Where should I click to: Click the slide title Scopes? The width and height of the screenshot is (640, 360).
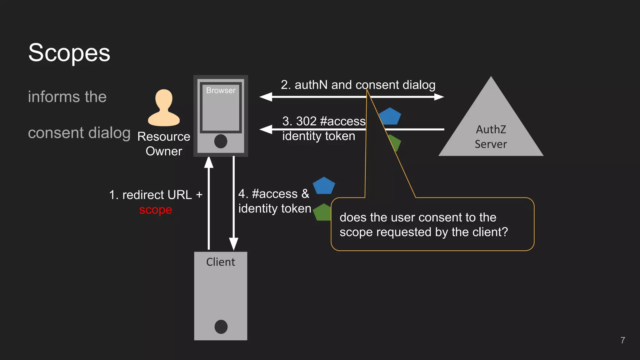[x=69, y=52]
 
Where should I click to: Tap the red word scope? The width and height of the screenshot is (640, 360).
[x=156, y=210]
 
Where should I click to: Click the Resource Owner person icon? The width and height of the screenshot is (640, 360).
[x=164, y=108]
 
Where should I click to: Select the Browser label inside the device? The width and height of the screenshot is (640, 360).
[x=221, y=90]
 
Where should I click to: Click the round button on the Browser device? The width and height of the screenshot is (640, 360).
[x=221, y=141]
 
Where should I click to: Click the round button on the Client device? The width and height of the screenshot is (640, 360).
[x=221, y=327]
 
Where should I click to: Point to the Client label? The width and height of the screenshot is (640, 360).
[x=220, y=262]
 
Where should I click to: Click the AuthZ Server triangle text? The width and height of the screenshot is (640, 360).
[x=491, y=137]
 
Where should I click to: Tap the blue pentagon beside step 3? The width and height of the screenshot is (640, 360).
[x=390, y=116]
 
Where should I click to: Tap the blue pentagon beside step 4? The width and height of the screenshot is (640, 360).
[x=324, y=186]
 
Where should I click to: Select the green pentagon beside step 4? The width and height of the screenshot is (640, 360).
[x=322, y=212]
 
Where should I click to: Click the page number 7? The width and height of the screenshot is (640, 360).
[x=622, y=340]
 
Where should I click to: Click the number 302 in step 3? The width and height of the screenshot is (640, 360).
[x=307, y=121]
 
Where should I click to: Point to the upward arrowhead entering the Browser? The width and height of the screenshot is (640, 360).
[x=209, y=162]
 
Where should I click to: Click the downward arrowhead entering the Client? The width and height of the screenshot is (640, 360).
[x=234, y=244]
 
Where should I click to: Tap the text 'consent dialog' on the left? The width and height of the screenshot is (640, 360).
[x=79, y=133]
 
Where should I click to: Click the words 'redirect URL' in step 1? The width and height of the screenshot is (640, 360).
[x=157, y=195]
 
